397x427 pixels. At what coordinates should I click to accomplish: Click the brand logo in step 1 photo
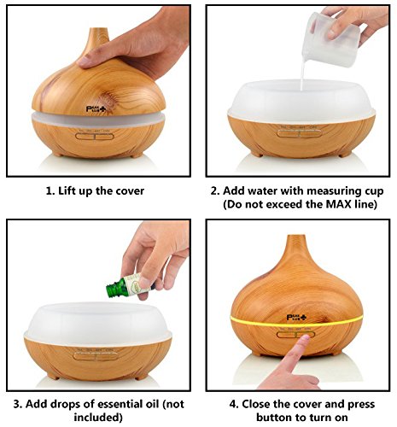[96, 109]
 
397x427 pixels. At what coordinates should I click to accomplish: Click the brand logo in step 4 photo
[297, 318]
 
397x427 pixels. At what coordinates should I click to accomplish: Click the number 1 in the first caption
[50, 190]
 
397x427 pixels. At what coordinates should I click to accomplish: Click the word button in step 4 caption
[274, 418]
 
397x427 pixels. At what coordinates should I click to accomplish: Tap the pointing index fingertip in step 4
[305, 338]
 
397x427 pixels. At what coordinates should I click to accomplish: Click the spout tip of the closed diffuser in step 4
[296, 236]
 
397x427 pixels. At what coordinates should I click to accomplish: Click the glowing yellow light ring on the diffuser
[297, 323]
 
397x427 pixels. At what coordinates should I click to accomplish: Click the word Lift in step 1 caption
[66, 190]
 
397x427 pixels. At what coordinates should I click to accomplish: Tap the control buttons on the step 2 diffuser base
[300, 133]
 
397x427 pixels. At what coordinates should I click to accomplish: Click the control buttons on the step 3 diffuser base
[95, 355]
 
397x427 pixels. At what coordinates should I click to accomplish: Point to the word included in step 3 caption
[98, 418]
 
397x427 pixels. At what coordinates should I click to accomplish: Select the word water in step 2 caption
[262, 190]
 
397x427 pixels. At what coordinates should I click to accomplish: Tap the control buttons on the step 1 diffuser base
[95, 136]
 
